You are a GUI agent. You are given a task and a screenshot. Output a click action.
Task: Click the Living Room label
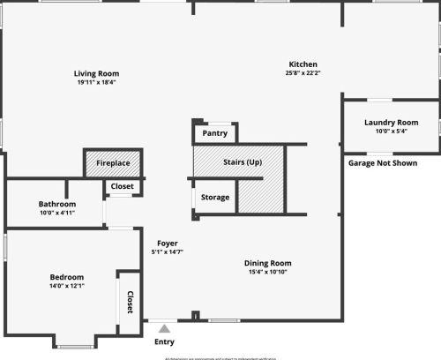(97, 73)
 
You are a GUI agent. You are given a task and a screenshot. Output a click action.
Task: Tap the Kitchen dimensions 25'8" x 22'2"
(303, 73)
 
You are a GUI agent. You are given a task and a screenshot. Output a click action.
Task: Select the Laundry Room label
(391, 123)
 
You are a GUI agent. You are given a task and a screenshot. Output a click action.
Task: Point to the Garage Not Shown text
(383, 163)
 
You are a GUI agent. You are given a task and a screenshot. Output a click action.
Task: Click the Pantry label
(214, 134)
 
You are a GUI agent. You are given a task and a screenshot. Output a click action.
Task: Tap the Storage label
(215, 198)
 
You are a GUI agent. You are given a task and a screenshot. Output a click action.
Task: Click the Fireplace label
(113, 164)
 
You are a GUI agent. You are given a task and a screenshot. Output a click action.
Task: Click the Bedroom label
(66, 277)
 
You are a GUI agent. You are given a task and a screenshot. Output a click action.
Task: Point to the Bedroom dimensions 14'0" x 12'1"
(66, 286)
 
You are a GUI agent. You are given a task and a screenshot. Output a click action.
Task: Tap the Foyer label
(168, 243)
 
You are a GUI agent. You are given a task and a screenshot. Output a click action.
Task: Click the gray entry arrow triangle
(163, 328)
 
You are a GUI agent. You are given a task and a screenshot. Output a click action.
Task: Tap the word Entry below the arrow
(164, 341)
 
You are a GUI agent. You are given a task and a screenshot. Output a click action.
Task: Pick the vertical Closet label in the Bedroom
(130, 302)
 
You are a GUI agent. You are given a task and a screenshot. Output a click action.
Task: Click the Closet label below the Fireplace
(122, 187)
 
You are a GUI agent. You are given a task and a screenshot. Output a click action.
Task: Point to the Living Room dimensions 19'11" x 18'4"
(97, 82)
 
